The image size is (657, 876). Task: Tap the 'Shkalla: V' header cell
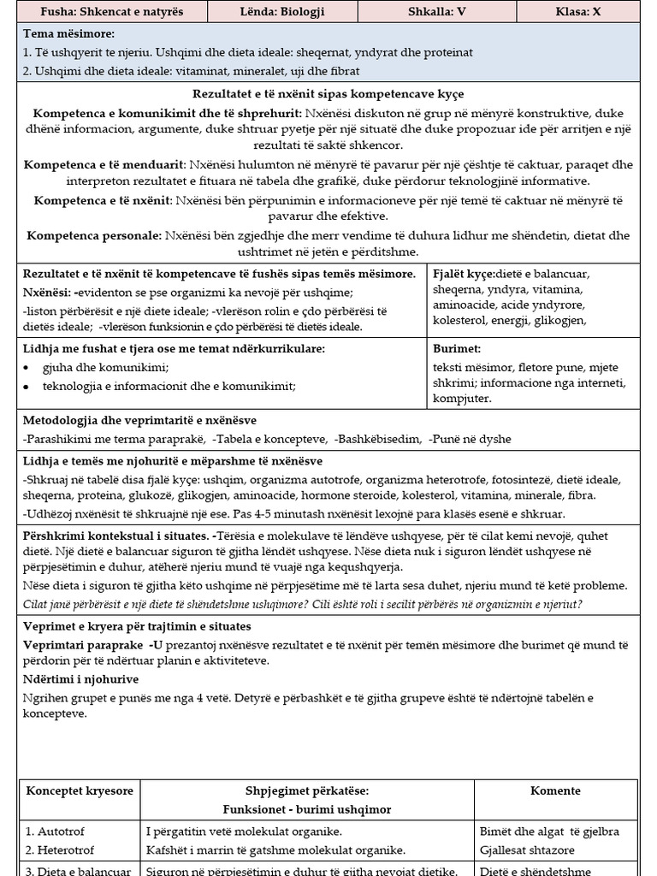pyautogui.click(x=440, y=12)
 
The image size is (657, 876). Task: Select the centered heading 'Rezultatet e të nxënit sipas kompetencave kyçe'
pyautogui.click(x=328, y=94)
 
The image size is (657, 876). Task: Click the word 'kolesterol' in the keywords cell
pyautogui.click(x=459, y=321)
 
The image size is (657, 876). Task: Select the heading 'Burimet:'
pyautogui.click(x=457, y=349)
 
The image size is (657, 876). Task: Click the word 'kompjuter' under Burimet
pyautogui.click(x=462, y=398)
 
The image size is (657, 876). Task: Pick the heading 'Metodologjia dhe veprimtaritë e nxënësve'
pyautogui.click(x=139, y=420)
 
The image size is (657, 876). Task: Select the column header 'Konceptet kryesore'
pyautogui.click(x=80, y=791)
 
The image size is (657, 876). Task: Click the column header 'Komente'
pyautogui.click(x=555, y=791)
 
